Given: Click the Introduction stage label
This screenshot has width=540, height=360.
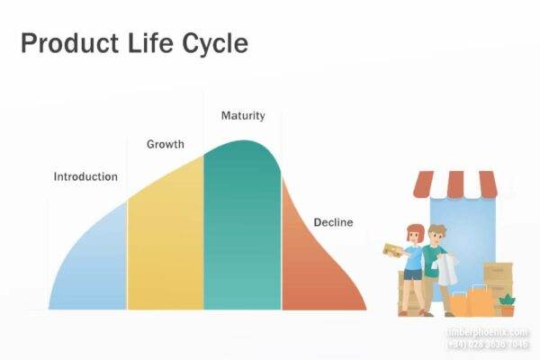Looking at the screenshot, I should [85, 176].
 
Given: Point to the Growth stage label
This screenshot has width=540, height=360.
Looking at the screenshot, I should [166, 144].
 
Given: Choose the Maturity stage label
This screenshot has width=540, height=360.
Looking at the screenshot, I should [242, 116].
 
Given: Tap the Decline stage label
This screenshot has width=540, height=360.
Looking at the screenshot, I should [333, 222].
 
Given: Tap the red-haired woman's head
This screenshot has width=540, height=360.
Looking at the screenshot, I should [414, 233].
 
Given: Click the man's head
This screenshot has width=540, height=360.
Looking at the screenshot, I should [436, 234].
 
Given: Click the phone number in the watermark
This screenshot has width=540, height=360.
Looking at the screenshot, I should [489, 345].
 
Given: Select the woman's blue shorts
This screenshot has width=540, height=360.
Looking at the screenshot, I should [413, 275].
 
